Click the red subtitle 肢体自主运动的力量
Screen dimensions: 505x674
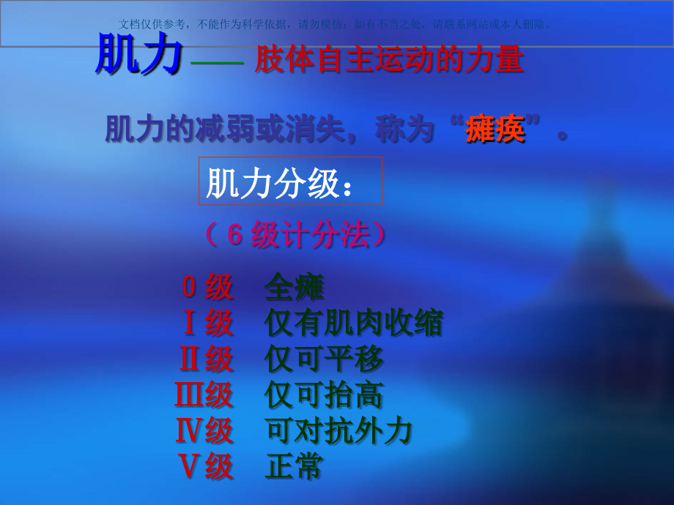click(389, 60)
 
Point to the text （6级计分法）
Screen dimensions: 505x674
click(296, 235)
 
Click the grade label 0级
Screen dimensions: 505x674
click(207, 288)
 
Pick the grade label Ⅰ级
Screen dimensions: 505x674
click(207, 323)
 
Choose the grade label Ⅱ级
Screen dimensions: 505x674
click(206, 359)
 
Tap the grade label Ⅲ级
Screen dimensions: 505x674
click(204, 395)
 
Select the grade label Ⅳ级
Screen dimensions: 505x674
click(204, 431)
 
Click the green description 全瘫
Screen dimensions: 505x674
click(294, 288)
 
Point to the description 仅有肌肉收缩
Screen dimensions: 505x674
click(354, 323)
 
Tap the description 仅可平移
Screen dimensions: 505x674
click(324, 359)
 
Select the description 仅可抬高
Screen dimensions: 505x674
click(324, 395)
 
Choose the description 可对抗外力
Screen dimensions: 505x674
click(338, 431)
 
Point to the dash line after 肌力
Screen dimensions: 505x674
click(216, 64)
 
